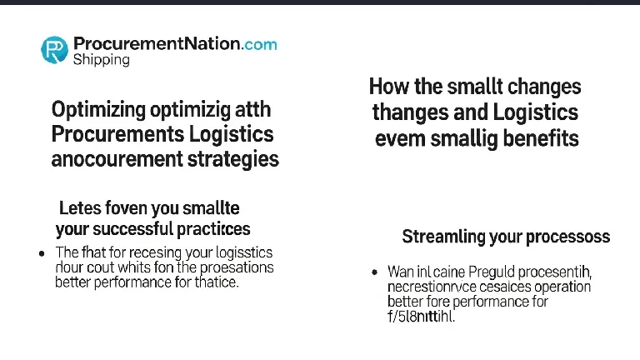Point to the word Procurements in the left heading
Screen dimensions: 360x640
[111, 134]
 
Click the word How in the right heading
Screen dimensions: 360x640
[387, 87]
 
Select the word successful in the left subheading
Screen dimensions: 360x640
[129, 228]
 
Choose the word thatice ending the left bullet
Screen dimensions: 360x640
[216, 282]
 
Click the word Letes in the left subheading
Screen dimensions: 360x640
[80, 207]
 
